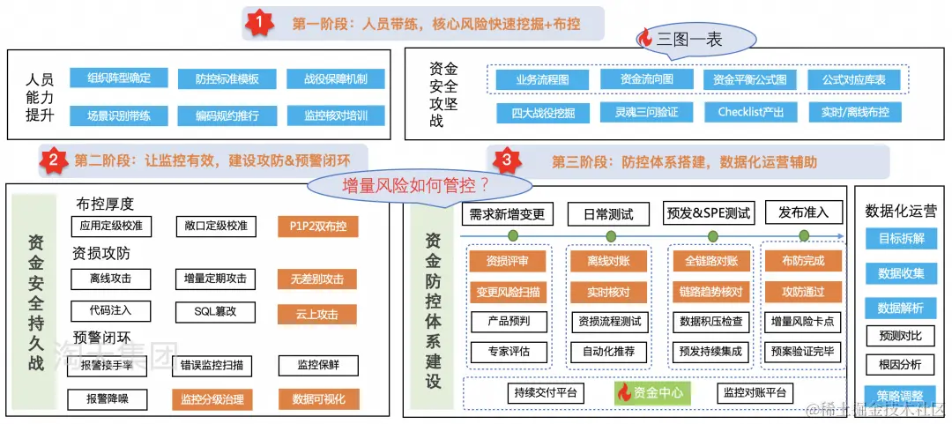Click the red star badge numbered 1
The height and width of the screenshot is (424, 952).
257,23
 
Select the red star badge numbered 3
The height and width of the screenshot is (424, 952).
506,160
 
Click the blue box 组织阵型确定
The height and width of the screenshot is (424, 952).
119,78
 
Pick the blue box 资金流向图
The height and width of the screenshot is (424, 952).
635,79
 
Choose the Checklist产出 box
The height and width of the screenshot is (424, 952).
745,112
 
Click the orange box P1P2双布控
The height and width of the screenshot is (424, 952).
317,227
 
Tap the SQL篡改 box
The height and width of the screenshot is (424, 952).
215,312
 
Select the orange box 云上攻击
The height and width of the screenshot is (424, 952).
317,314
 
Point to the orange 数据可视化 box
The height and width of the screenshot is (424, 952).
318,398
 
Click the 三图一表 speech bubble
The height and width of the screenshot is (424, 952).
696,38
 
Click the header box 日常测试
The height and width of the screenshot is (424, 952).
608,213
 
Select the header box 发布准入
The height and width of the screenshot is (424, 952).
803,212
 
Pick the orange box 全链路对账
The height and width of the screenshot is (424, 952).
710,261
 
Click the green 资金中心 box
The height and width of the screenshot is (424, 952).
652,392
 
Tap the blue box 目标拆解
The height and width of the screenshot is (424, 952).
900,239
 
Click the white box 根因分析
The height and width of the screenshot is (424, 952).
900,364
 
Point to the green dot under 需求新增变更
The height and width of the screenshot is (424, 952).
512,236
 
